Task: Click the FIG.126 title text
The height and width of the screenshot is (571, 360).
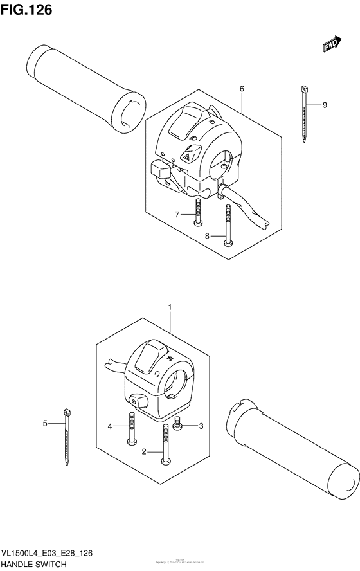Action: coord(26,10)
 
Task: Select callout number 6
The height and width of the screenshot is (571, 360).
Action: coord(242,88)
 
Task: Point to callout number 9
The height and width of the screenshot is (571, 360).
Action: coord(325,105)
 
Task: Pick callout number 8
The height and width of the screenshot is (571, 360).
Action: coord(207,236)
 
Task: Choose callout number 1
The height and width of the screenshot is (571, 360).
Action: coord(170,308)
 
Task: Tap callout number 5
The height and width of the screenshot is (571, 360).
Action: coord(45,423)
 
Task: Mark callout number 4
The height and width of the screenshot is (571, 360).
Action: coord(110,426)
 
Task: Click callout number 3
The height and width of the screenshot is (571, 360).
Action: coord(201,426)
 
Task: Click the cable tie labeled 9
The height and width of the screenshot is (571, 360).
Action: coord(302,116)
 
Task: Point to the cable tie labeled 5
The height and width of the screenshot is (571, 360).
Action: coord(66,437)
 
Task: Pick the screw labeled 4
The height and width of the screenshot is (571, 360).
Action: coord(131,428)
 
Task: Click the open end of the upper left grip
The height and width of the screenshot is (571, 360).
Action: coord(127,113)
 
